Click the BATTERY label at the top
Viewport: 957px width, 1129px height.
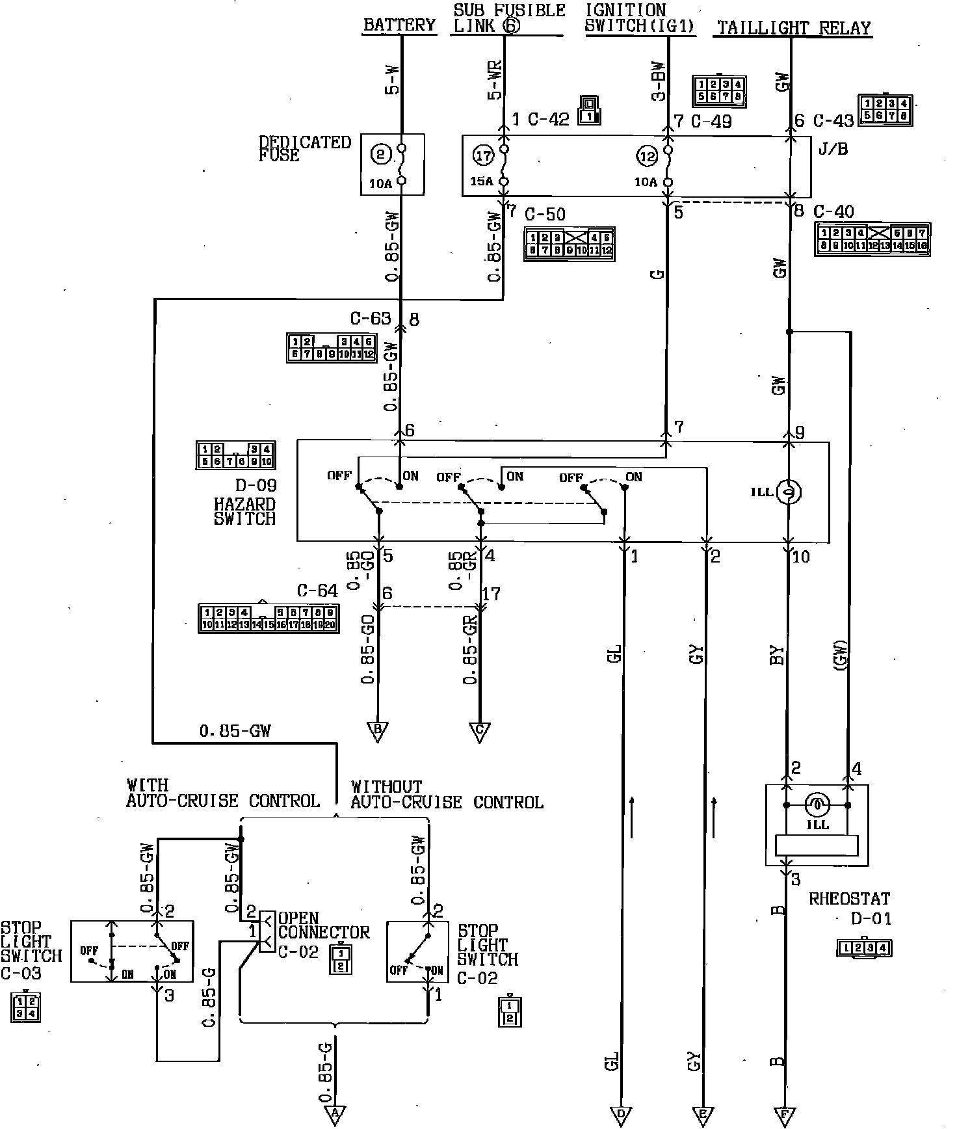pyautogui.click(x=399, y=25)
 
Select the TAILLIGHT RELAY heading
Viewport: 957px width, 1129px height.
pyautogui.click(x=793, y=28)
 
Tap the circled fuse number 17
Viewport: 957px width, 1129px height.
pyautogui.click(x=483, y=155)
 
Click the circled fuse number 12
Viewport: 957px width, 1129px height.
pyautogui.click(x=647, y=156)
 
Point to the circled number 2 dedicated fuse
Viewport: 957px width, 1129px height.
pyautogui.click(x=381, y=154)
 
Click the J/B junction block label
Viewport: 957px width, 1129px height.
pyautogui.click(x=833, y=149)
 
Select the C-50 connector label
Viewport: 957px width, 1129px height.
pyautogui.click(x=545, y=214)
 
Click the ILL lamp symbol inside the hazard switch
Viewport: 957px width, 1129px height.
pyautogui.click(x=790, y=492)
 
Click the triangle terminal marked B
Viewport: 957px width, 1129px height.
pyautogui.click(x=377, y=731)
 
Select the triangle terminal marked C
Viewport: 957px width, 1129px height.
pyautogui.click(x=480, y=731)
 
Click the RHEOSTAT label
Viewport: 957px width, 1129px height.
pyautogui.click(x=849, y=899)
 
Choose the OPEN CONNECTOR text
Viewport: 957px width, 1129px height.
pyautogui.click(x=323, y=925)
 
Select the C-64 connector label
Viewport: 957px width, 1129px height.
pyautogui.click(x=317, y=591)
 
